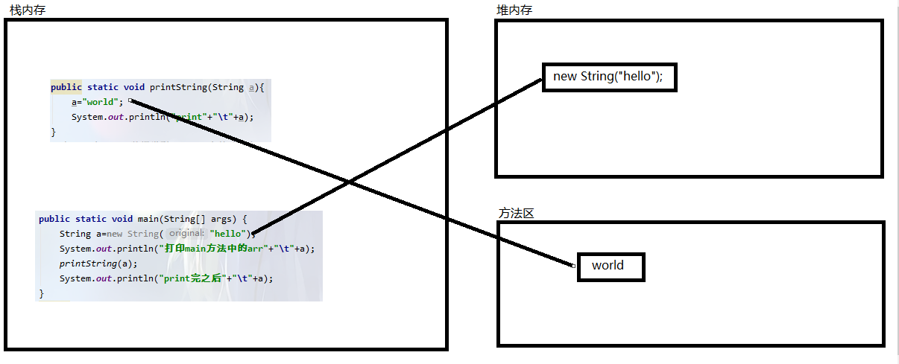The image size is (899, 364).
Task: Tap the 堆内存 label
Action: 514,10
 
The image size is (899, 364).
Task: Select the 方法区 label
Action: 517,213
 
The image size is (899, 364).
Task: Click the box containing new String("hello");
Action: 609,77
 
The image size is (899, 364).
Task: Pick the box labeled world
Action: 611,266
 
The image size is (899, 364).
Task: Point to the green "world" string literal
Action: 100,102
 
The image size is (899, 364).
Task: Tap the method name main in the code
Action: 147,219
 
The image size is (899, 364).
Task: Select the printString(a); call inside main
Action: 98,264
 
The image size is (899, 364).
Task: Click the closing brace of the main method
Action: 42,293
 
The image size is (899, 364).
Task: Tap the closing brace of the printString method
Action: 54,132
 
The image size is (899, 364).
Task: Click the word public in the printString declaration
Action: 66,87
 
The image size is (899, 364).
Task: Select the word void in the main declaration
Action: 122,219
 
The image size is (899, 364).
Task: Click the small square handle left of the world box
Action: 574,266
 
